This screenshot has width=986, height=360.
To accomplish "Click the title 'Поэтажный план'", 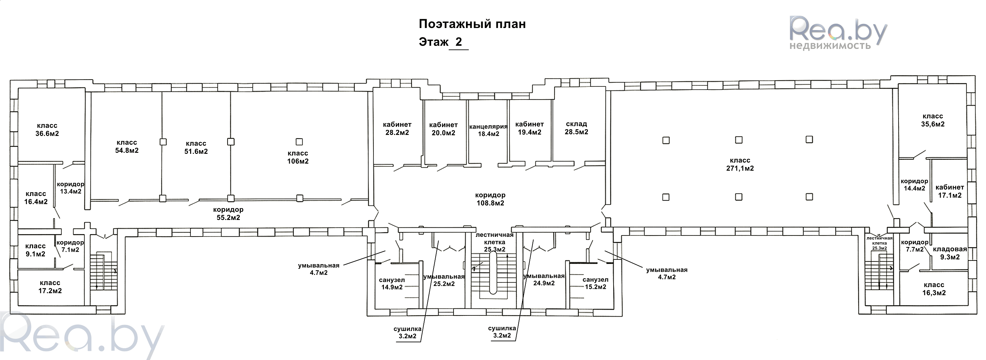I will pos(472,24).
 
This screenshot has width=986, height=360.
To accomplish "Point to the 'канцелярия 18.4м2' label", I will pos(488,130).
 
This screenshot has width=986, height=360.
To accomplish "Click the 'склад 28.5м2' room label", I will pos(576,128).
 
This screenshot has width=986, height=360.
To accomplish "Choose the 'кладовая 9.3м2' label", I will pos(950,253).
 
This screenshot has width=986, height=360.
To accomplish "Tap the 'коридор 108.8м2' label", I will pos(490,199).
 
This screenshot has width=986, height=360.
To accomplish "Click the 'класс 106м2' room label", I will pos(298,157).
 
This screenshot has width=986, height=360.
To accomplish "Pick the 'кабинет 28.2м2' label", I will pos(397,129).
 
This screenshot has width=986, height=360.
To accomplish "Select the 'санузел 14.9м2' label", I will pos(392,283).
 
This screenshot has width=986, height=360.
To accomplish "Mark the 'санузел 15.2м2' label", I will pos(595,283).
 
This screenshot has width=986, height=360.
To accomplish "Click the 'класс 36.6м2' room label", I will pos(47,130).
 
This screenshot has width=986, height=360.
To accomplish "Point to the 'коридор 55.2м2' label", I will pos(228,214).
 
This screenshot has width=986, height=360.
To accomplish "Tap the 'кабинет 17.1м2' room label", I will pos(949,191).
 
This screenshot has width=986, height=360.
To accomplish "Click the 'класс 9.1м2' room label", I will pos(35,250).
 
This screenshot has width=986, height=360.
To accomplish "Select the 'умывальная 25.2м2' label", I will pos(444,280).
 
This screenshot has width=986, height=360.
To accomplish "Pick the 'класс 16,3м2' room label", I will pos(934,289).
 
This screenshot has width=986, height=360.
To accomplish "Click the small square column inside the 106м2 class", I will pos(299,142).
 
